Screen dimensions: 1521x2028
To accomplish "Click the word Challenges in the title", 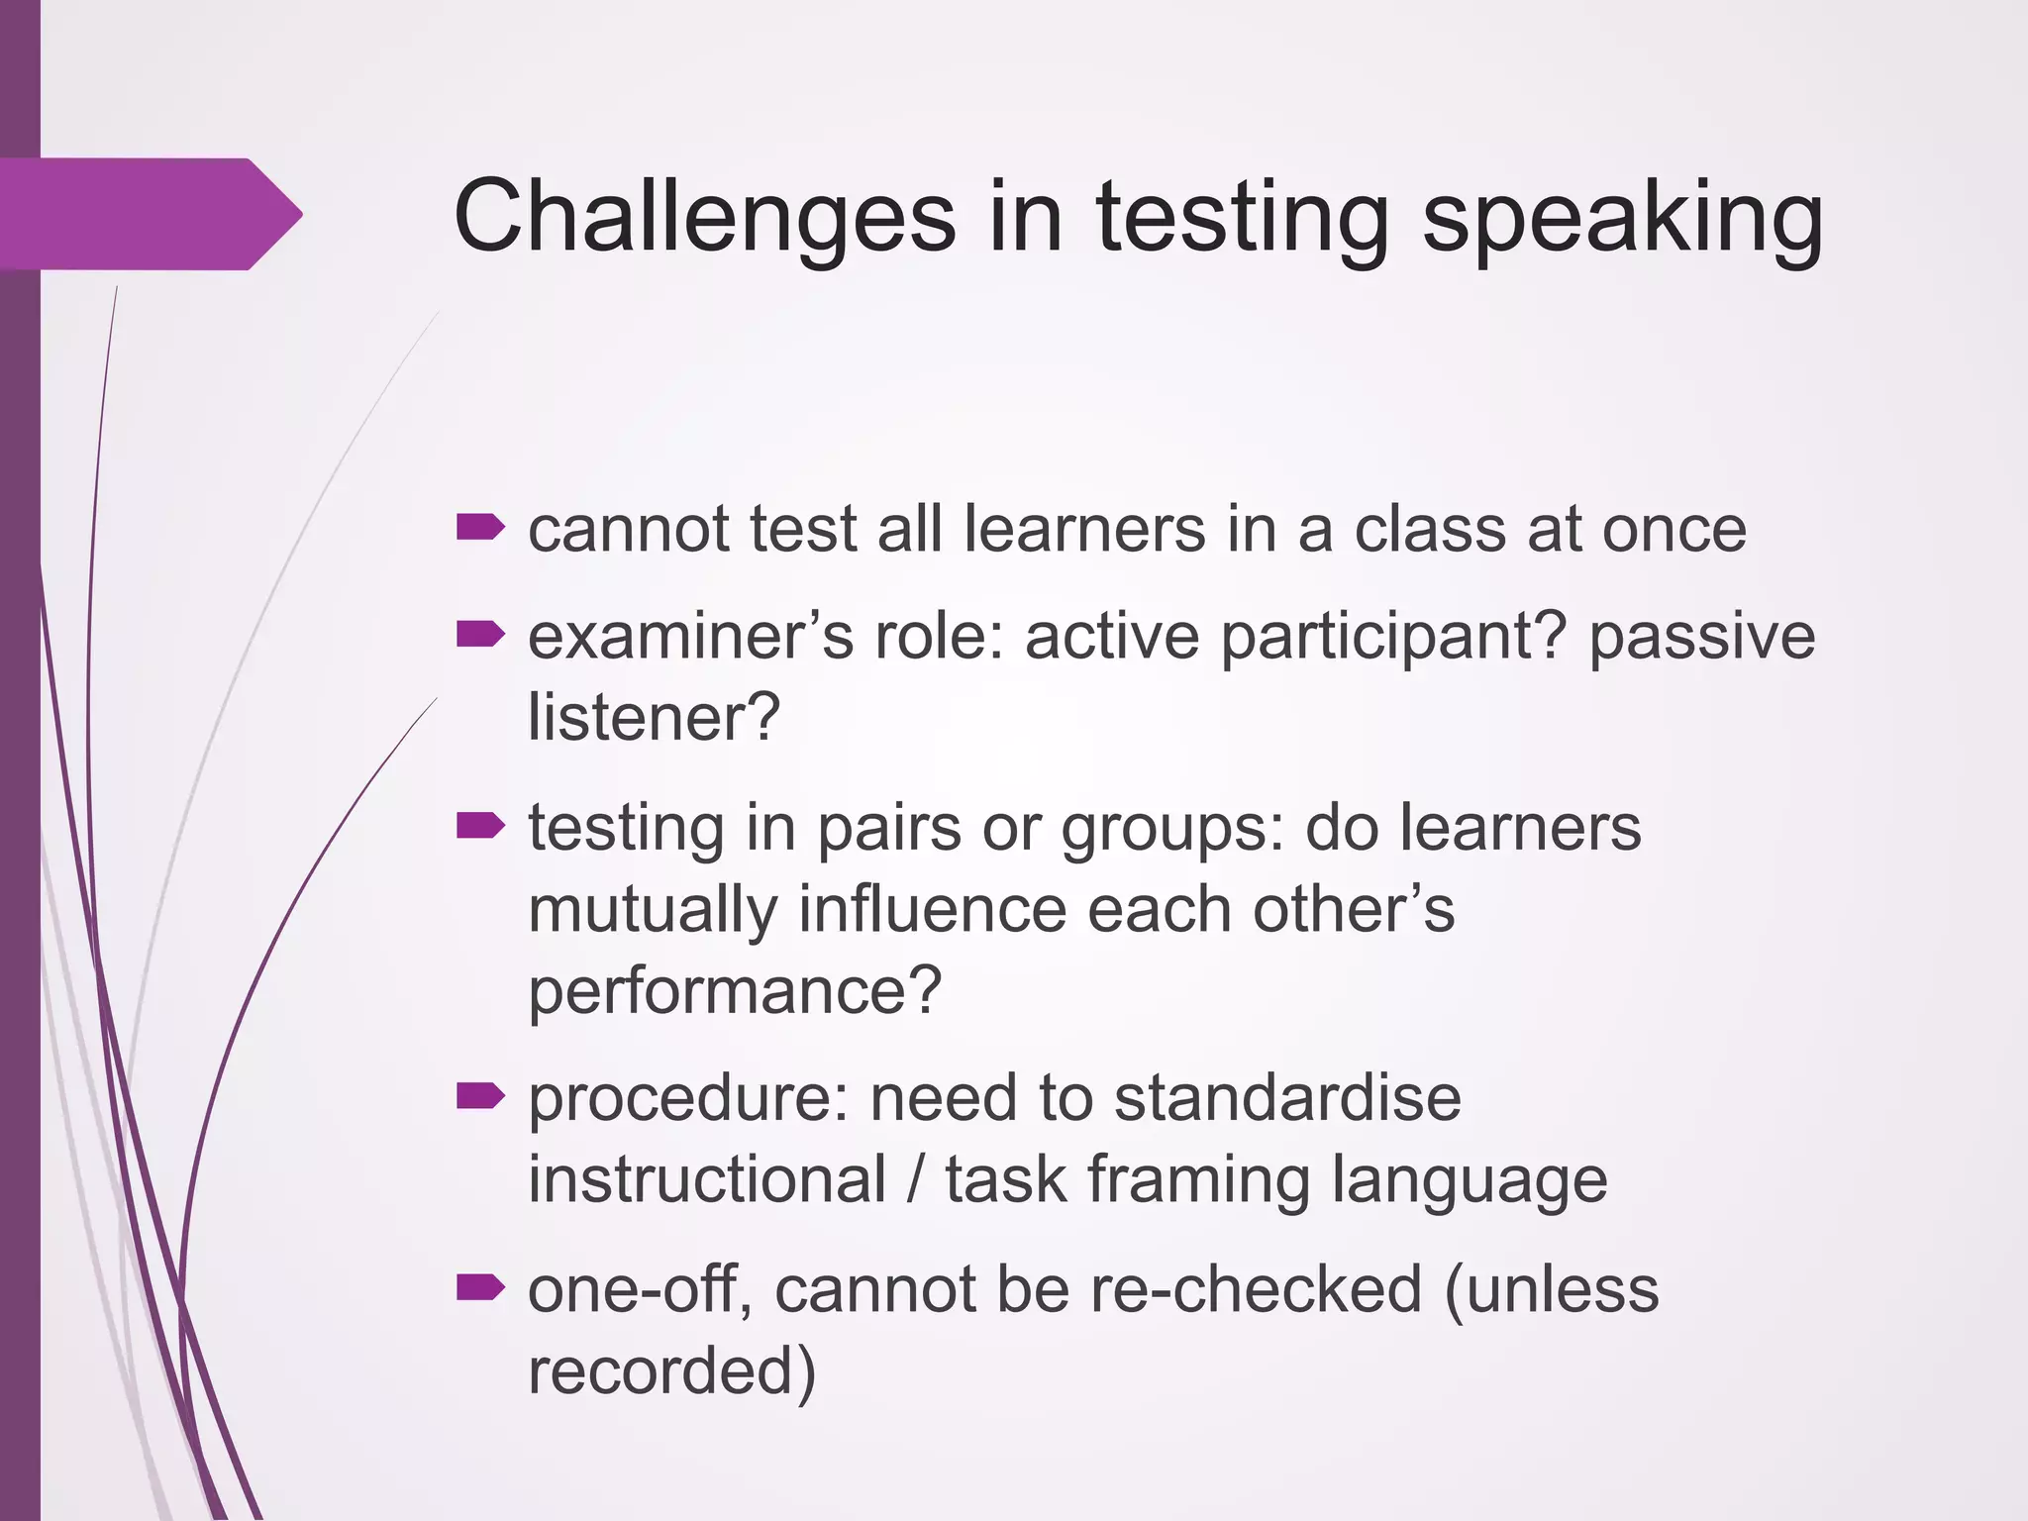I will tap(704, 216).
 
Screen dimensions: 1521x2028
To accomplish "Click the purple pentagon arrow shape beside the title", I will tap(149, 214).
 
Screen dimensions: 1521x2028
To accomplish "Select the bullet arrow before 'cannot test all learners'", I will tap(480, 528).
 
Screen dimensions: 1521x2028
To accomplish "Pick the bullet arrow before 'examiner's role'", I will tap(480, 634).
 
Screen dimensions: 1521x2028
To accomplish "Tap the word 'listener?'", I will tap(654, 717).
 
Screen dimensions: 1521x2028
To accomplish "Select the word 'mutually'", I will tap(653, 911).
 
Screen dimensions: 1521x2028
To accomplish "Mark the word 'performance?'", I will tap(734, 991).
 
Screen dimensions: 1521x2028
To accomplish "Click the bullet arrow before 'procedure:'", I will tap(480, 1096).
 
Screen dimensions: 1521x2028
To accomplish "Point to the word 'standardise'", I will tap(1287, 1098).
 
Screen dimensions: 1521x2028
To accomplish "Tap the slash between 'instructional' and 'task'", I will tap(916, 1180).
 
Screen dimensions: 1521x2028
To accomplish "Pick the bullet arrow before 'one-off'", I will tap(480, 1287).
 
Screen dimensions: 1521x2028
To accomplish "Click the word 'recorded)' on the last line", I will tap(671, 1371).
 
